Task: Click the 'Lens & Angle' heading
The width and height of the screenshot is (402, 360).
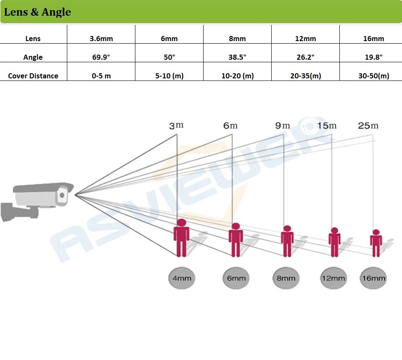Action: [38, 12]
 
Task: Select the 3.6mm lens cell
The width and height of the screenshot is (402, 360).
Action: [101, 39]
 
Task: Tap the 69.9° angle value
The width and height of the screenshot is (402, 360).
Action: [101, 57]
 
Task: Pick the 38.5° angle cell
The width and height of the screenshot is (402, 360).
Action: [237, 57]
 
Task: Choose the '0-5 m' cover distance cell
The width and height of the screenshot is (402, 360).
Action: [101, 76]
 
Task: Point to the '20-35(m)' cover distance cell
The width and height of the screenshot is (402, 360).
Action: [305, 76]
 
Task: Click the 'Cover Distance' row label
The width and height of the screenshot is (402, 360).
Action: [33, 76]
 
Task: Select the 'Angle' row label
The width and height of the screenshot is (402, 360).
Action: [33, 57]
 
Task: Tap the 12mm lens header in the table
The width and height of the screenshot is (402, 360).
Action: [305, 39]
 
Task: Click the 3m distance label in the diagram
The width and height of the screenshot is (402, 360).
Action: [176, 126]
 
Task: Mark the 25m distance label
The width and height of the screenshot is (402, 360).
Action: [369, 126]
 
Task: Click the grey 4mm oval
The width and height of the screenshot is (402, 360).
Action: [182, 278]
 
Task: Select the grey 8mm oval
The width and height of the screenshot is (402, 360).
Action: [286, 278]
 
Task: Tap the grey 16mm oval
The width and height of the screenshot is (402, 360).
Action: [373, 278]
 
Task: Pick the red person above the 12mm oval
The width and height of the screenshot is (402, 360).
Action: [334, 242]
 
